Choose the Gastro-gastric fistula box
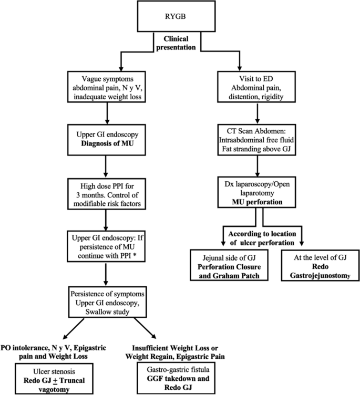173,373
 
